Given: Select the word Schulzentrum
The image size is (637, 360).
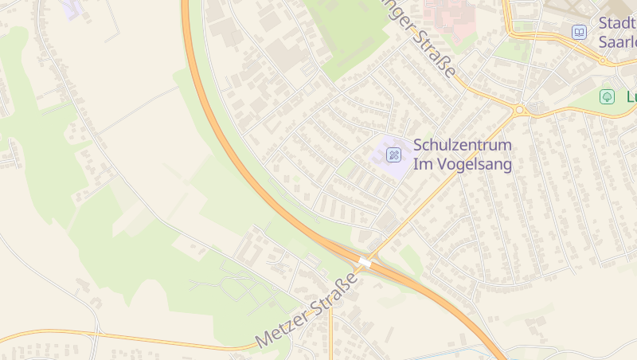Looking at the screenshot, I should [462, 146].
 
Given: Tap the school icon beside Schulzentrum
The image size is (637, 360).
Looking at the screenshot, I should [393, 155].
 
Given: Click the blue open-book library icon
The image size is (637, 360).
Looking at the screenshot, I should [579, 33].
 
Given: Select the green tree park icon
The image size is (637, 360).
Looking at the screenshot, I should [607, 96].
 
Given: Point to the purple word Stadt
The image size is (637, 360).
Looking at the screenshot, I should [617, 22].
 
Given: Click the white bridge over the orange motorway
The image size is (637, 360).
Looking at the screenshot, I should [365, 261].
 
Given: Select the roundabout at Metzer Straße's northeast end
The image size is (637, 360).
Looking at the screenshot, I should [519, 110].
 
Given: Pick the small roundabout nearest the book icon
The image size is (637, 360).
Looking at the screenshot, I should [604, 59].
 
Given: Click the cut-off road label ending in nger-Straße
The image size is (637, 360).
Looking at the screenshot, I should [422, 40].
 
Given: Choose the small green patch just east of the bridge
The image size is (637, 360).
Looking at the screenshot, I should [411, 259].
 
